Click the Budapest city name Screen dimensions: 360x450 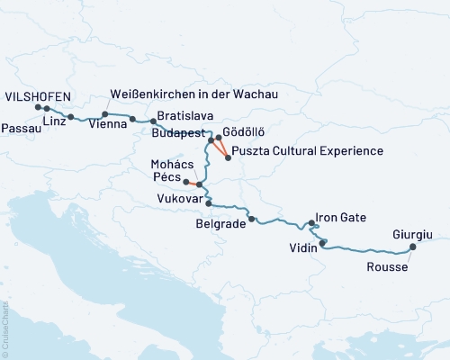click(x=177, y=130)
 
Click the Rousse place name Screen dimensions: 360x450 click(x=388, y=267)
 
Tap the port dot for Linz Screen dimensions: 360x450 click(x=71, y=117)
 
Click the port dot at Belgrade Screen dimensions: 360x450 click(x=252, y=219)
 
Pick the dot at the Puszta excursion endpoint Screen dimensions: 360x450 click(x=228, y=158)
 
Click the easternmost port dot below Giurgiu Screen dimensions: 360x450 click(x=413, y=247)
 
